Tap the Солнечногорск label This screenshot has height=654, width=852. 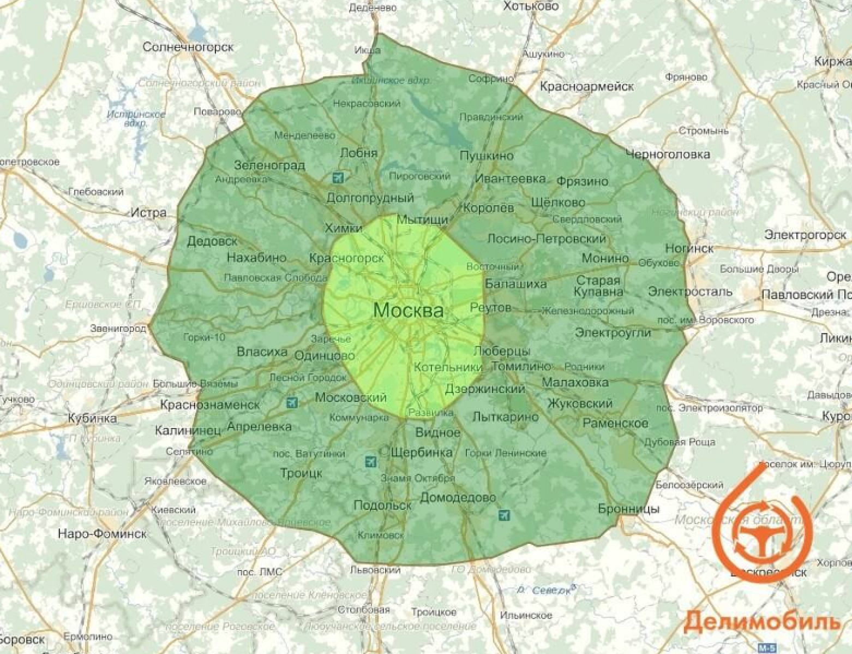point(188,47)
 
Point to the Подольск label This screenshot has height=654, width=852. point(382,506)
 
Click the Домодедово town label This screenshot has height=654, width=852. point(458,498)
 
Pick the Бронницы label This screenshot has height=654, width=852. point(628,509)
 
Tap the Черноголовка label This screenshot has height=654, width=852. point(668,154)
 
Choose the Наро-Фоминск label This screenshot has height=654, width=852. point(103,533)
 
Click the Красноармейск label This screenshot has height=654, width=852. point(587,86)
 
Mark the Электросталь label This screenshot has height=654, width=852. point(690,291)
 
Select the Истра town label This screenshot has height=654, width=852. point(149,213)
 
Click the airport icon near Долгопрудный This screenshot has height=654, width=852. point(338,177)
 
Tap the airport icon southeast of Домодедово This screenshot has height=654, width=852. point(503,514)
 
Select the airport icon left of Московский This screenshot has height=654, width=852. point(292,403)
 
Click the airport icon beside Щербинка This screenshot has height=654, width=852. point(370,462)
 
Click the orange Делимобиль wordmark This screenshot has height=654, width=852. point(762,621)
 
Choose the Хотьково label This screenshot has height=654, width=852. point(531,6)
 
